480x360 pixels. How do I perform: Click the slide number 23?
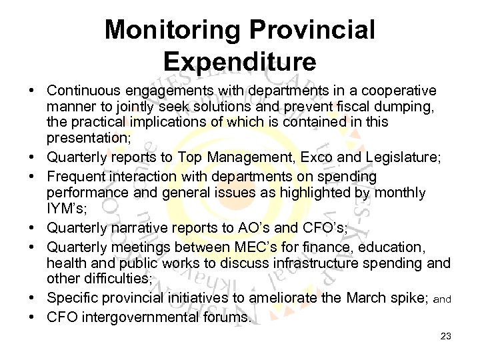(x=446, y=337)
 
